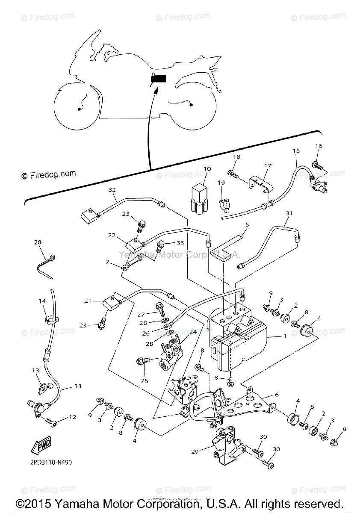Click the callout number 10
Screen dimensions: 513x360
[x=207, y=169]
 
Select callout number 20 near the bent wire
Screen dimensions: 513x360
[x=38, y=242]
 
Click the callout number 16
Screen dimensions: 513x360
[x=319, y=146]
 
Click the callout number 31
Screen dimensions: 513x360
[x=289, y=213]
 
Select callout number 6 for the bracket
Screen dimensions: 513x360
[x=277, y=395]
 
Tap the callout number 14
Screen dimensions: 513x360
[x=42, y=301]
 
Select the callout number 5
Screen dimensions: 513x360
[x=247, y=224]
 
